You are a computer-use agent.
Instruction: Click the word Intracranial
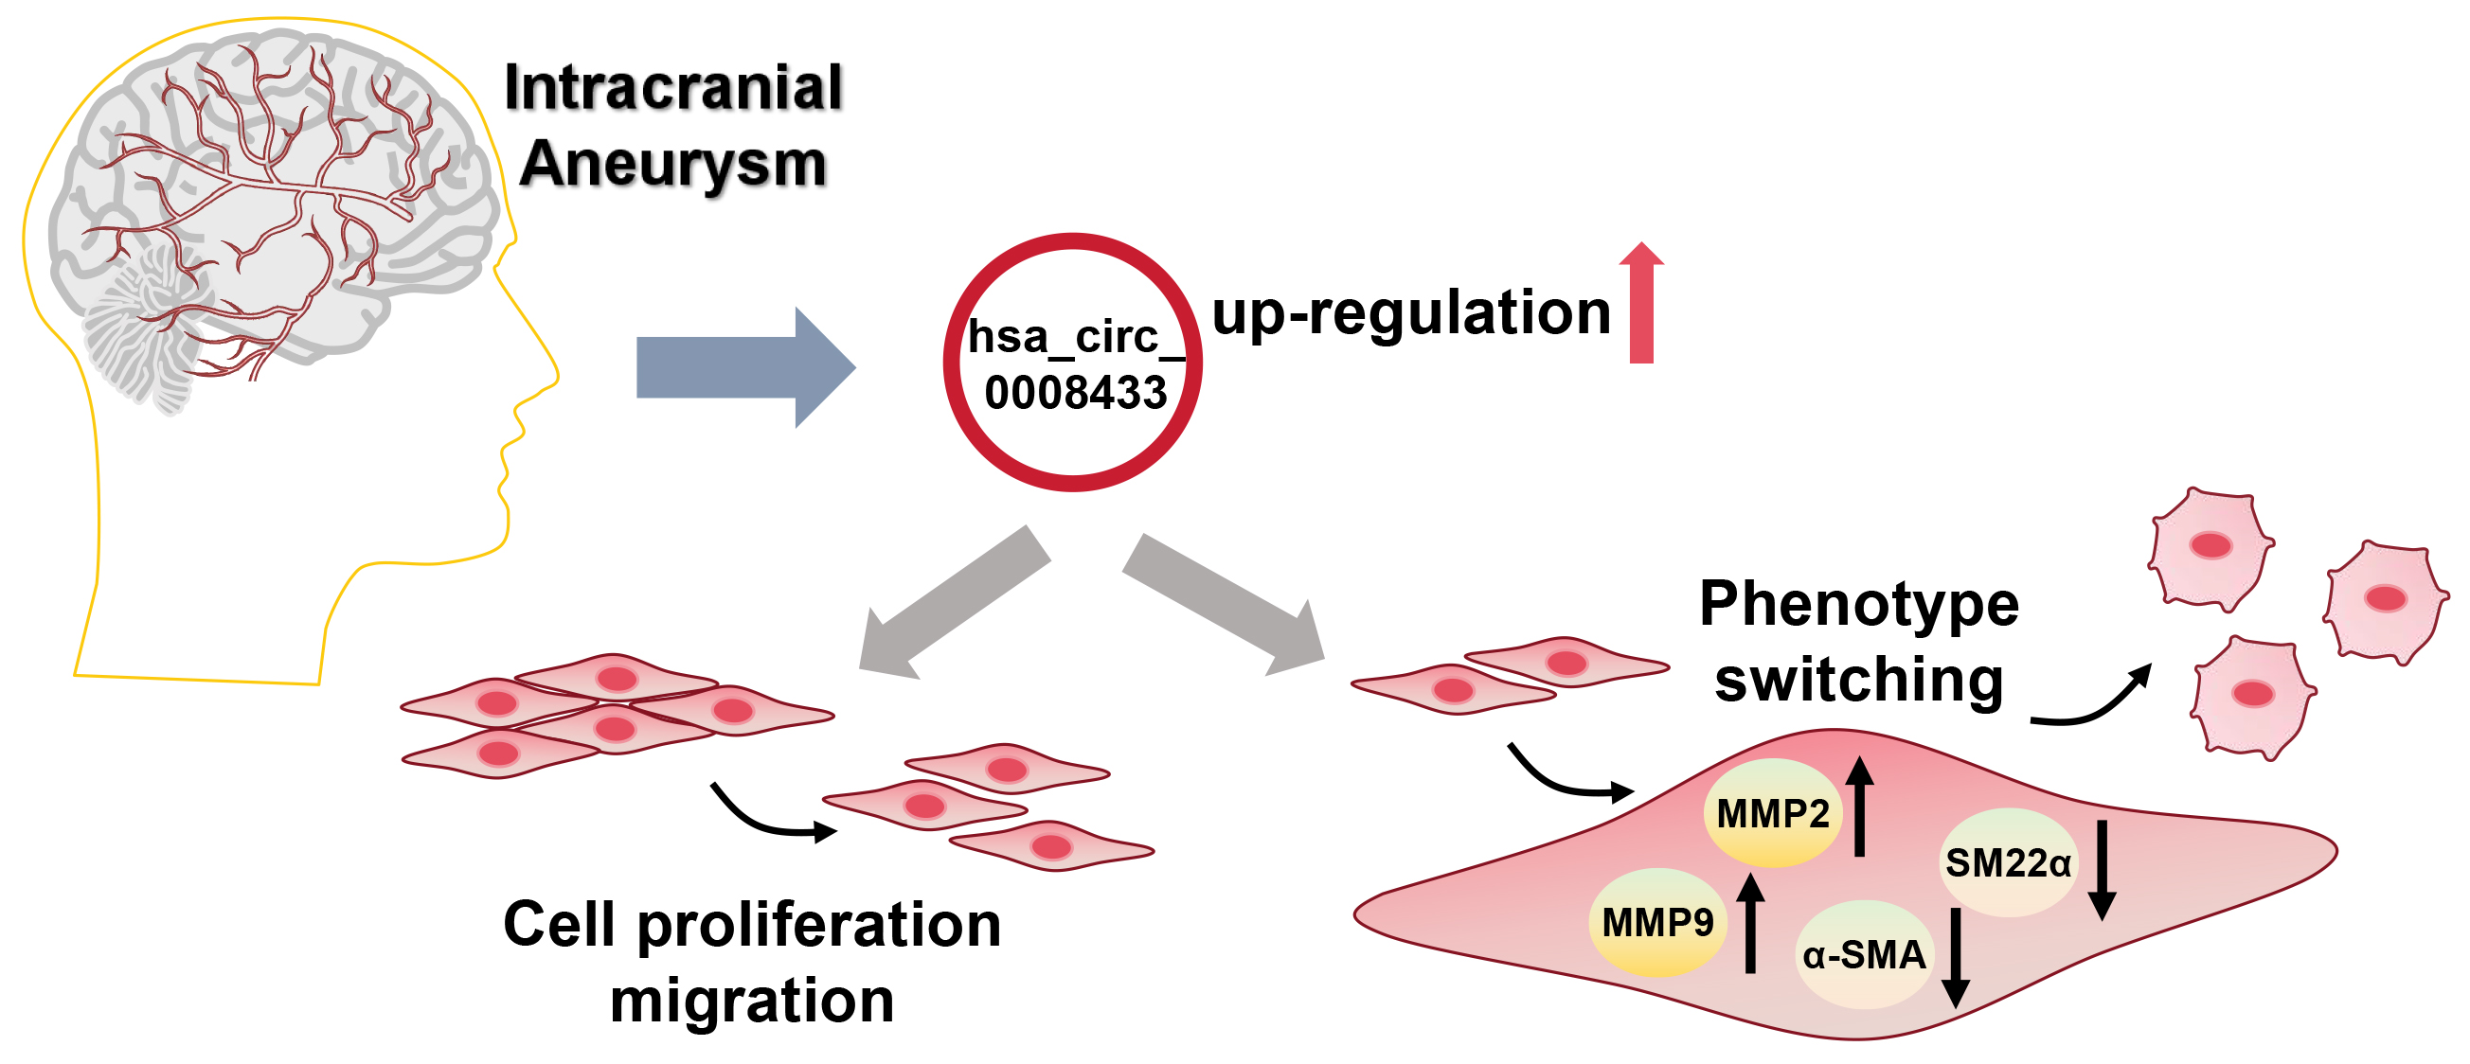coord(673,88)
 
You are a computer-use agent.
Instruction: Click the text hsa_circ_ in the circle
coord(1075,337)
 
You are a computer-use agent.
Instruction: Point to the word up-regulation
coord(1410,314)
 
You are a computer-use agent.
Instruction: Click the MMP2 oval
coord(1772,814)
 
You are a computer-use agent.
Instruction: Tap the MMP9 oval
coord(1657,923)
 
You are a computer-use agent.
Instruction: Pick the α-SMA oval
coord(1864,956)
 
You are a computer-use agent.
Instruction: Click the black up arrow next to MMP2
coord(1859,807)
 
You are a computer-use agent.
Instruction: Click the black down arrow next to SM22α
coord(2102,868)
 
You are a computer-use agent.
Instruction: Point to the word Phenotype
coord(1858,605)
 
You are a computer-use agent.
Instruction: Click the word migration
coord(752,1001)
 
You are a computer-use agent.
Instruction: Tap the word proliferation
coord(819,927)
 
